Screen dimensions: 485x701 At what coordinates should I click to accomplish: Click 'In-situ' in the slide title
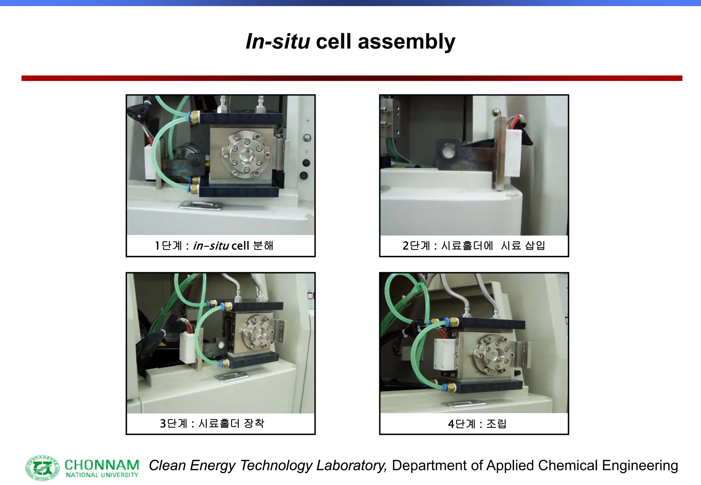coord(278,42)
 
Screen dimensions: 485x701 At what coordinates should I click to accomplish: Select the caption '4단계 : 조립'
coord(477,424)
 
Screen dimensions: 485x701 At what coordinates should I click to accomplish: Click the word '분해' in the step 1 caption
coord(263,246)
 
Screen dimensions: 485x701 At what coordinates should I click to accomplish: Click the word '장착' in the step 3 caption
coord(254,423)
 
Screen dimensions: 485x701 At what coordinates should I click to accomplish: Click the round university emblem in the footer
coord(42,467)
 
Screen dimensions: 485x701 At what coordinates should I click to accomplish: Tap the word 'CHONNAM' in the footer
coord(102,465)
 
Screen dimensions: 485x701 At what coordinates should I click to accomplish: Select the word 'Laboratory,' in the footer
coord(352,466)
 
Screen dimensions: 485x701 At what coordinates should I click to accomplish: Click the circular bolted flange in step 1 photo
coord(245,155)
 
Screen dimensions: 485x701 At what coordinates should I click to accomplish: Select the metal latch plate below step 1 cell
coord(201,205)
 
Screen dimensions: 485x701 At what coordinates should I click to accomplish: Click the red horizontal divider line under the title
coord(352,78)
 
